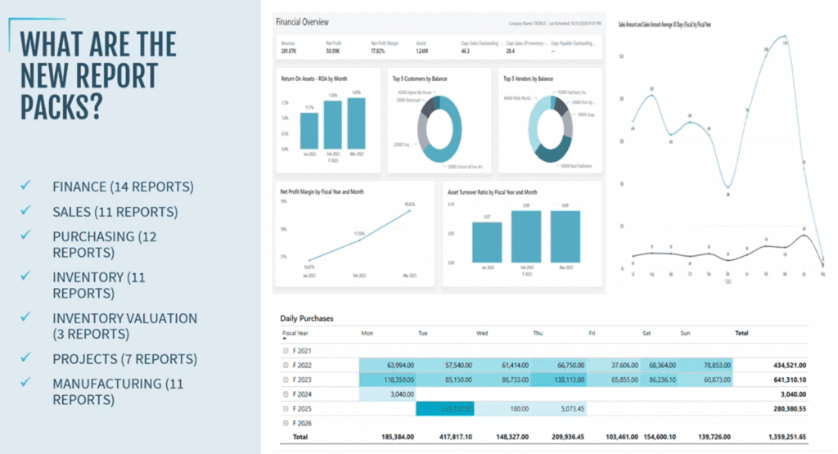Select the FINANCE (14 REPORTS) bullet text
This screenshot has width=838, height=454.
(123, 187)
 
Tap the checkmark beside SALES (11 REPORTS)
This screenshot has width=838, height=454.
(26, 211)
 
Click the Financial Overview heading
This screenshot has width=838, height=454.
(302, 21)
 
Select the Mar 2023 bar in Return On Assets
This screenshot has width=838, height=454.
(356, 124)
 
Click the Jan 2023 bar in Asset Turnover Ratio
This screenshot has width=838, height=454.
(487, 242)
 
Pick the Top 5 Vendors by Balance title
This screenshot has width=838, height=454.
(528, 79)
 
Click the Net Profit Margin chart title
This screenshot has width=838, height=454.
(322, 191)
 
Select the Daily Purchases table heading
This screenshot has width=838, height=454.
(306, 317)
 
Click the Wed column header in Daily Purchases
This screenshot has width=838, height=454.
(483, 334)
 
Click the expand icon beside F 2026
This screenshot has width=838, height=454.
(286, 424)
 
